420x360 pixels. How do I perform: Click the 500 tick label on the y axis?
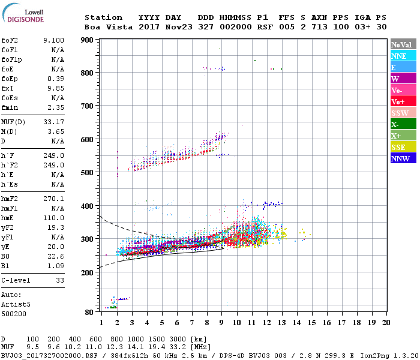point(87,173)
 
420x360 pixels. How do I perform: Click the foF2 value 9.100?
point(53,40)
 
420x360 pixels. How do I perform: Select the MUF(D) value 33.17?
point(53,122)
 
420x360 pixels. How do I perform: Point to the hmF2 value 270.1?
point(53,199)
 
